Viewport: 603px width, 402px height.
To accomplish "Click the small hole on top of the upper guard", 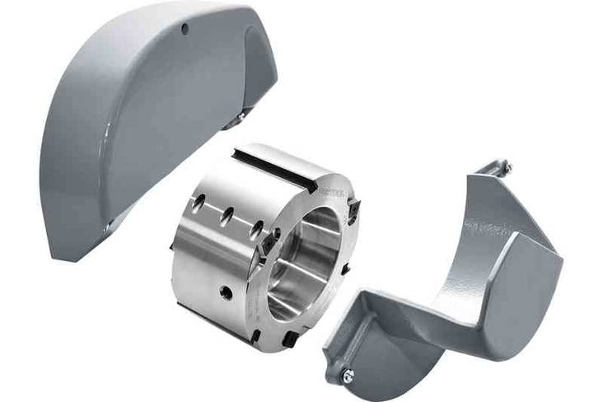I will (185, 30).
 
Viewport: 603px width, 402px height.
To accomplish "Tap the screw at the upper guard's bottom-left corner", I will (108, 225).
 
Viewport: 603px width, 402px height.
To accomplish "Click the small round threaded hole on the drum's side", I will (223, 291).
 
